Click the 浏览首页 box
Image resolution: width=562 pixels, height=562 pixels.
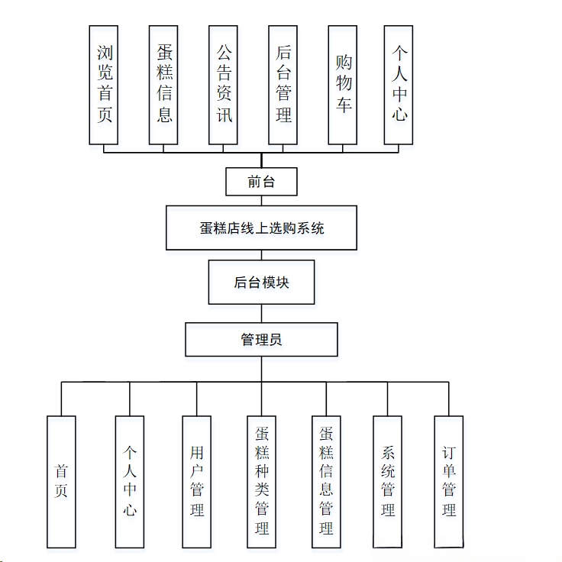click(104, 85)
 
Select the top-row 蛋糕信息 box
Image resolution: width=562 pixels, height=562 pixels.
click(163, 85)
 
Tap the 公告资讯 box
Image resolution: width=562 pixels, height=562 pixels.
click(224, 85)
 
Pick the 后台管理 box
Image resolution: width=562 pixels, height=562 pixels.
click(283, 85)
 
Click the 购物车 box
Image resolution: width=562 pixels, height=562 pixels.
click(343, 85)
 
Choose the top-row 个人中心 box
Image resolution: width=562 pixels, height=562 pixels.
click(399, 85)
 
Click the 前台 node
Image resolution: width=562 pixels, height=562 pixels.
click(261, 182)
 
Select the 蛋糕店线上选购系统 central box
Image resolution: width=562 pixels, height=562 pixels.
click(261, 228)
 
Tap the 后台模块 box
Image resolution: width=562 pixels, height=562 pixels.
click(261, 283)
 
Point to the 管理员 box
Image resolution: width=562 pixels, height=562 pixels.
click(261, 339)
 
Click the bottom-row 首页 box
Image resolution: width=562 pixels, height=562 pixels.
click(61, 481)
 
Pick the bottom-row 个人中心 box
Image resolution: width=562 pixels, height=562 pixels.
click(130, 481)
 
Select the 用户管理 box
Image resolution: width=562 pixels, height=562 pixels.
click(197, 481)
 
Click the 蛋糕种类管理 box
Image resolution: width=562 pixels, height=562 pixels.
click(262, 481)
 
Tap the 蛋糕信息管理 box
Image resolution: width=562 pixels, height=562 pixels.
click(326, 481)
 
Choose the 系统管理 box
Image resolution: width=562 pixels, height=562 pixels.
click(388, 481)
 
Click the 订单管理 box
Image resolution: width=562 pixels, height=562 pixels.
click(449, 481)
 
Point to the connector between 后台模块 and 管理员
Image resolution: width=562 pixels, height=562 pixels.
click(261, 313)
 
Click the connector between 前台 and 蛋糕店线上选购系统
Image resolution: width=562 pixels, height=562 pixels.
click(261, 201)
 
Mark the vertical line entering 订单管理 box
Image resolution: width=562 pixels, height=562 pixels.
click(449, 399)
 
